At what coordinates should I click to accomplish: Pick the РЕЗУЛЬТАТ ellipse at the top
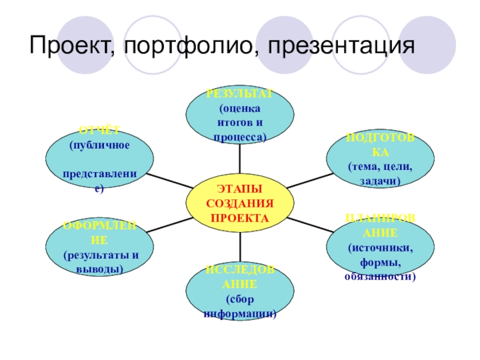pyautogui.click(x=240, y=117)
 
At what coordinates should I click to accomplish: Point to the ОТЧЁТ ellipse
pyautogui.click(x=99, y=159)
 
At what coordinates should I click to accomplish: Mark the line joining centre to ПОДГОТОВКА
pyautogui.click(x=310, y=179)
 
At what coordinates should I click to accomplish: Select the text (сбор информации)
pyautogui.click(x=240, y=306)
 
